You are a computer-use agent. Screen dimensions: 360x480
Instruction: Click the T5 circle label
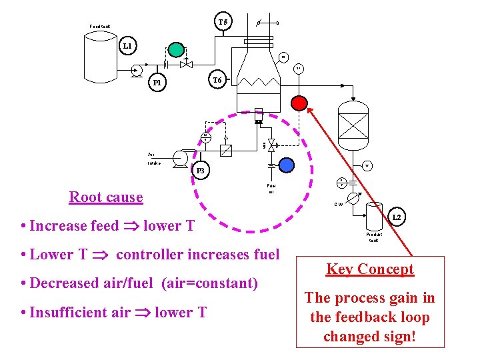tap(223, 22)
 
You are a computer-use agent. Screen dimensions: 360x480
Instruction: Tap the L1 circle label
tap(127, 46)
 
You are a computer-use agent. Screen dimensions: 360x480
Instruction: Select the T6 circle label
tap(217, 80)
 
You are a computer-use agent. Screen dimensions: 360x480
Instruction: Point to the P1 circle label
tap(157, 83)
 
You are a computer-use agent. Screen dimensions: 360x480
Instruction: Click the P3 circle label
tap(200, 171)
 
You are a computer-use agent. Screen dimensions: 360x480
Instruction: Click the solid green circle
tap(176, 49)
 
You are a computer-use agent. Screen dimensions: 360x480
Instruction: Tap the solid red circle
tap(299, 103)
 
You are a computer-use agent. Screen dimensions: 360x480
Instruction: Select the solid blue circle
tap(287, 165)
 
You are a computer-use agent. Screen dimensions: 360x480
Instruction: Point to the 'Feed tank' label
tap(100, 27)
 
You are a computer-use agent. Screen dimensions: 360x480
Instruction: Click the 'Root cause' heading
tap(106, 197)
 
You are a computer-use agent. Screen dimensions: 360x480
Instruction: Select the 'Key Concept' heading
tap(370, 269)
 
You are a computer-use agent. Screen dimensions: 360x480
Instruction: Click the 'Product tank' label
tap(374, 237)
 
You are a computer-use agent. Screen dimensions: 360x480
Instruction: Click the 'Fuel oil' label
tap(271, 189)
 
